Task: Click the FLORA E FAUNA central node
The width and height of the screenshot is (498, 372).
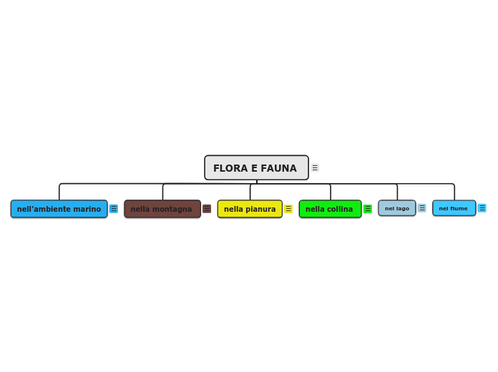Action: [256, 168]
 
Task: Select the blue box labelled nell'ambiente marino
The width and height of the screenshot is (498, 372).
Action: [59, 209]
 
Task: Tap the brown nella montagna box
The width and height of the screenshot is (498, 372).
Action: [162, 209]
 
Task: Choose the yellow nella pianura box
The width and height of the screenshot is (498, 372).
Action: [250, 209]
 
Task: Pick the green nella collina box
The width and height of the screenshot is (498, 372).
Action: [330, 209]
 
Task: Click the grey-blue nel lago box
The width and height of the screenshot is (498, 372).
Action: [396, 208]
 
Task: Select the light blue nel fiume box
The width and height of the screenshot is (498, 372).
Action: [454, 208]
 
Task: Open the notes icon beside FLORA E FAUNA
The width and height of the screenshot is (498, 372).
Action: [315, 168]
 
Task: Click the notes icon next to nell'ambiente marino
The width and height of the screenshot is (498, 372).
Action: [114, 209]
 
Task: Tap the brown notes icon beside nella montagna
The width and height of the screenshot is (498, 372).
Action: [207, 209]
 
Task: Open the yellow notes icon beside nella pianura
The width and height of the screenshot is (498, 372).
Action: [288, 209]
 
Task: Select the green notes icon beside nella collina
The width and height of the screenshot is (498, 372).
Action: [368, 209]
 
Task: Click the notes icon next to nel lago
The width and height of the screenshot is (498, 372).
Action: [422, 208]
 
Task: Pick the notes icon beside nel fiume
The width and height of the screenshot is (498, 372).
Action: [482, 208]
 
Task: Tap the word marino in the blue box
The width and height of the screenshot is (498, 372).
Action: [87, 210]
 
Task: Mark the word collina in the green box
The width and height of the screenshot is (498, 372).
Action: [340, 210]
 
